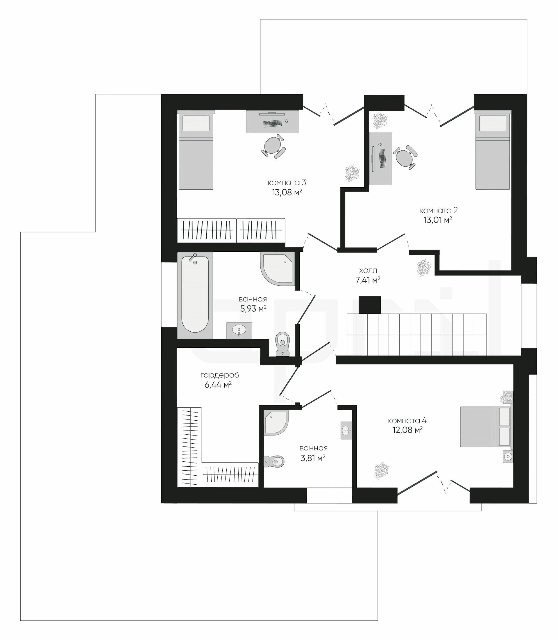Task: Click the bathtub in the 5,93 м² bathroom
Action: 195,295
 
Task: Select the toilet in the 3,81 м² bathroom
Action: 274,461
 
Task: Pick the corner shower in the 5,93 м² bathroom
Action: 278,269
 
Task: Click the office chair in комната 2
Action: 405,157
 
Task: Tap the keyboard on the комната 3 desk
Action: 273,124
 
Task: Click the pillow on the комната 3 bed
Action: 196,123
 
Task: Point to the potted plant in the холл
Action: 424,268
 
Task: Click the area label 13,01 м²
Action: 438,220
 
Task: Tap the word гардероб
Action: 219,375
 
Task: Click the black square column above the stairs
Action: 370,305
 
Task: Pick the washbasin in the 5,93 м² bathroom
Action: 239,330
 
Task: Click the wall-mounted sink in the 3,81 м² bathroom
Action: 346,431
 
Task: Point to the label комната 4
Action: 407,421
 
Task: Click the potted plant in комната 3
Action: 352,174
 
